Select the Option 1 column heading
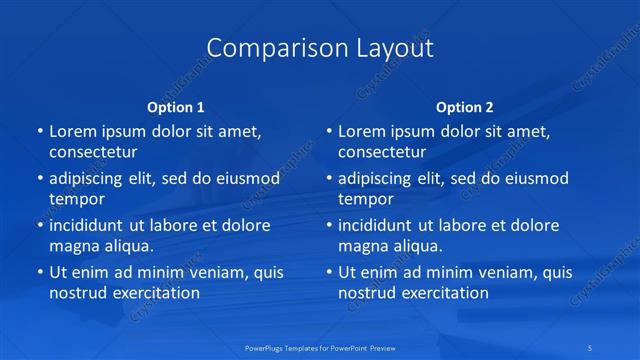pos(176,107)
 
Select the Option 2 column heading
pos(465,107)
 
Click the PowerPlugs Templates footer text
pos(321,349)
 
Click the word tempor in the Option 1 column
pos(77,199)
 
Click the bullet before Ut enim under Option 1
pos(39,271)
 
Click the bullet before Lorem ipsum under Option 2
pos(328,131)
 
